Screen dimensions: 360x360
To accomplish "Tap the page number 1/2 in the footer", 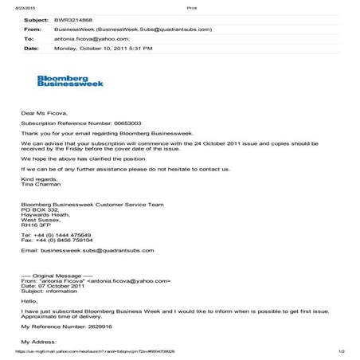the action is (x=340, y=351).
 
